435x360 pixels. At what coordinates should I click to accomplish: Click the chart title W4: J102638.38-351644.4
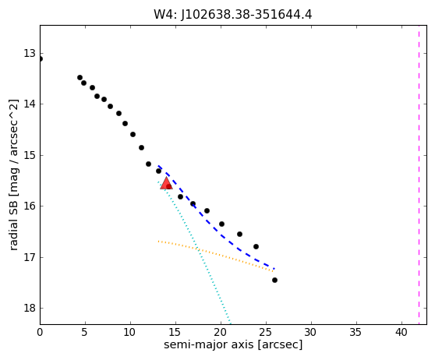point(233,14)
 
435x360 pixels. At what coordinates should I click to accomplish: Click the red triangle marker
point(167,183)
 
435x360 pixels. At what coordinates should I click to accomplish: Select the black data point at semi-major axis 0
point(41,58)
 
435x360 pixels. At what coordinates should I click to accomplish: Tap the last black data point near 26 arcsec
point(274,280)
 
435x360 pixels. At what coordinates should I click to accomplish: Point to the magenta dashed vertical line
point(419,175)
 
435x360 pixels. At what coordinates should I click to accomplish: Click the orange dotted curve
point(216,254)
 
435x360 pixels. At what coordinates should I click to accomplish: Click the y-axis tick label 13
point(30,53)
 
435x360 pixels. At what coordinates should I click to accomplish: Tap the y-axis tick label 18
point(30,308)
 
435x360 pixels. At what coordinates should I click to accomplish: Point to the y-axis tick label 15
point(30,155)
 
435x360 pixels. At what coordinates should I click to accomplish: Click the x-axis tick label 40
point(401,332)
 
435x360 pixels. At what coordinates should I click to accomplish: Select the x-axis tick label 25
point(266,332)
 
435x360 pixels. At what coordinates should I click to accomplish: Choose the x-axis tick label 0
point(40,332)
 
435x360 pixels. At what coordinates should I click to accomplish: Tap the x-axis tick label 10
point(130,332)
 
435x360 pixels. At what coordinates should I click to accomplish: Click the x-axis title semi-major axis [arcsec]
point(233,345)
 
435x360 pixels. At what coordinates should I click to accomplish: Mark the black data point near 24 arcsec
point(256,246)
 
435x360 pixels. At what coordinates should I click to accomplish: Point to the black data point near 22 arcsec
point(239,234)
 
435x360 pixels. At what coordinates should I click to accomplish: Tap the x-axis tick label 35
point(356,332)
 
